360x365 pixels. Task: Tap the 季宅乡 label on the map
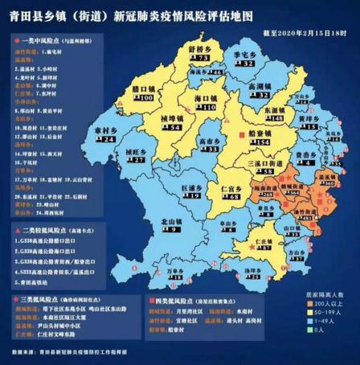click(243, 53)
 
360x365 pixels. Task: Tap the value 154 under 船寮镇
click(257, 145)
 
